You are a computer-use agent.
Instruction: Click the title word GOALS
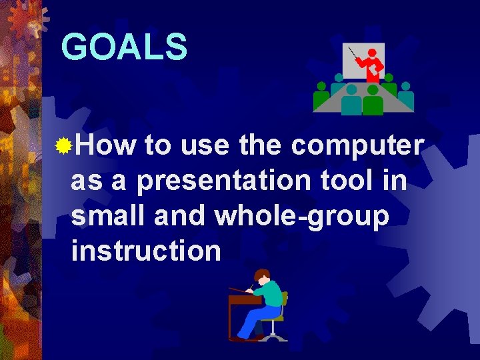click(x=124, y=47)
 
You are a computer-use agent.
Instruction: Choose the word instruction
click(x=145, y=251)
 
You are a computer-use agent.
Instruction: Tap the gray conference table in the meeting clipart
click(x=363, y=91)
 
